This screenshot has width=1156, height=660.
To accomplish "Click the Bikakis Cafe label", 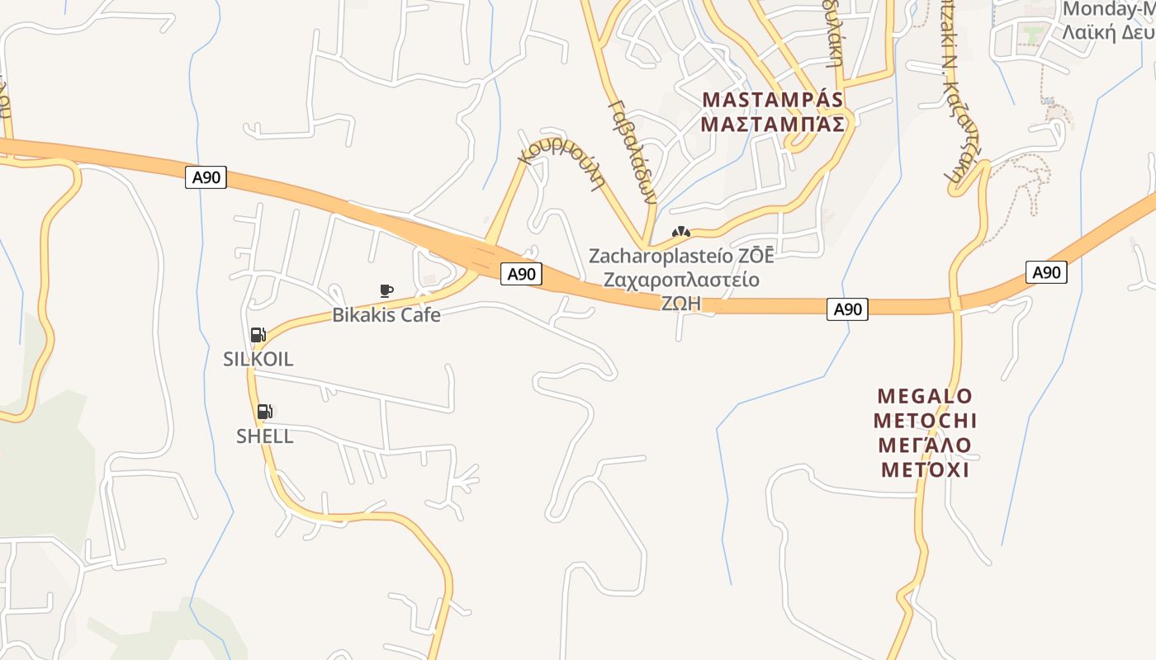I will pyautogui.click(x=386, y=314).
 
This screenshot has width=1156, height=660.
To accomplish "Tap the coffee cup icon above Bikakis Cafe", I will pyautogui.click(x=386, y=290).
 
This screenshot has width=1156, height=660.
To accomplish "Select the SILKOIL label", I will pyautogui.click(x=258, y=359).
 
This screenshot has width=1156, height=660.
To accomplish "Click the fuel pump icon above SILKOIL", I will pyautogui.click(x=258, y=334).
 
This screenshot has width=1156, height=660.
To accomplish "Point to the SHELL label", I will pyautogui.click(x=264, y=436).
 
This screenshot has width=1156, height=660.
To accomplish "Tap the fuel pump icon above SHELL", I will pyautogui.click(x=264, y=411).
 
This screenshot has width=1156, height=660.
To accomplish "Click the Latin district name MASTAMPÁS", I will pyautogui.click(x=773, y=99).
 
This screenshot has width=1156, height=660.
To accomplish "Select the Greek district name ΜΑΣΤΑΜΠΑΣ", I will pyautogui.click(x=773, y=124).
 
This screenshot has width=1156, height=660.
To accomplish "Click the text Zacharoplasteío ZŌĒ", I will pyautogui.click(x=681, y=256).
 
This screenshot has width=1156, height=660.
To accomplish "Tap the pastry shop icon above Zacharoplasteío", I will pyautogui.click(x=681, y=233).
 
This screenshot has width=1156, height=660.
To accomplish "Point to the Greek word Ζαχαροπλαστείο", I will pyautogui.click(x=681, y=280).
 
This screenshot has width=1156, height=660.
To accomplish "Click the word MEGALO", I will pyautogui.click(x=925, y=396).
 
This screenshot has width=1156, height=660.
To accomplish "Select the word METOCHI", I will pyautogui.click(x=925, y=421).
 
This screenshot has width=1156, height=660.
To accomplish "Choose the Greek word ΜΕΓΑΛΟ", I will pyautogui.click(x=925, y=445).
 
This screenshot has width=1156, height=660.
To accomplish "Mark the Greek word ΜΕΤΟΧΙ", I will pyautogui.click(x=925, y=470).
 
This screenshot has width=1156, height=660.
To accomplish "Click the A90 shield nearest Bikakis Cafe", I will pyautogui.click(x=521, y=274).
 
